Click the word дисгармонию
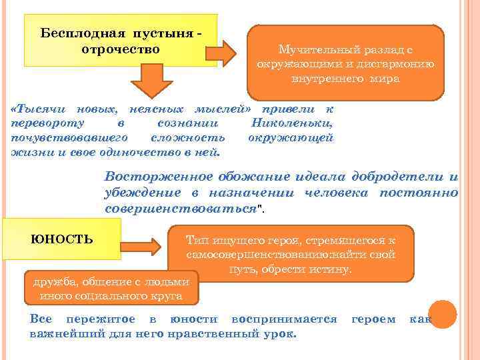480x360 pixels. coord(397,65)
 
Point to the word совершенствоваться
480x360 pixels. coord(181,208)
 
